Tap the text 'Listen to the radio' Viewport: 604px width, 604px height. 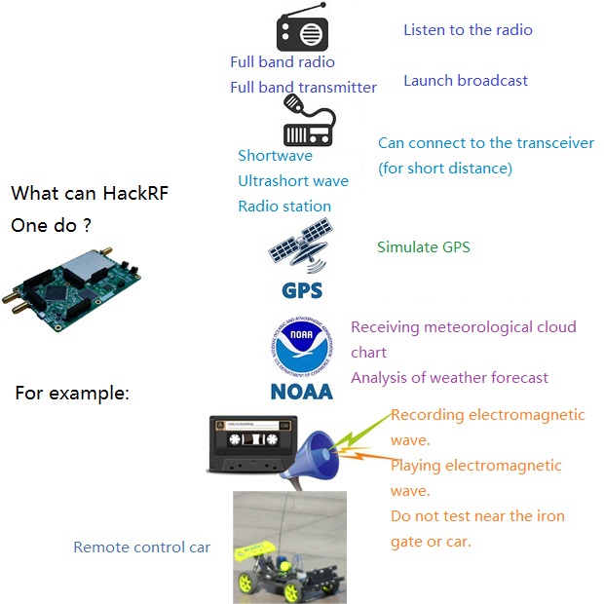click(468, 30)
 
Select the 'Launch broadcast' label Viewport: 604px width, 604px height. click(466, 81)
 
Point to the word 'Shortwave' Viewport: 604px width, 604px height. click(275, 156)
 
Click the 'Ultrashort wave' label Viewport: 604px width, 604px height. click(293, 181)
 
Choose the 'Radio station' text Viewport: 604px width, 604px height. click(284, 207)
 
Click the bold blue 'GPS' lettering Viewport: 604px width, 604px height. click(302, 290)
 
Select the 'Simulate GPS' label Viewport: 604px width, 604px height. click(424, 246)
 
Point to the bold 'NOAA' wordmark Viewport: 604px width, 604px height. click(302, 392)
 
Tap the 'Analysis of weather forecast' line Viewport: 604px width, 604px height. click(449, 378)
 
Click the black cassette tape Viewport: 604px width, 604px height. click(253, 444)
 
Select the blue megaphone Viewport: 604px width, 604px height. click(314, 457)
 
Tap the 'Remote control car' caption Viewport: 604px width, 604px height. click(142, 547)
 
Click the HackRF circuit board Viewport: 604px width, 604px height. click(71, 289)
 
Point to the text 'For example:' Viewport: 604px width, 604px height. click(72, 394)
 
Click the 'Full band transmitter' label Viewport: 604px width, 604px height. click(304, 88)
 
